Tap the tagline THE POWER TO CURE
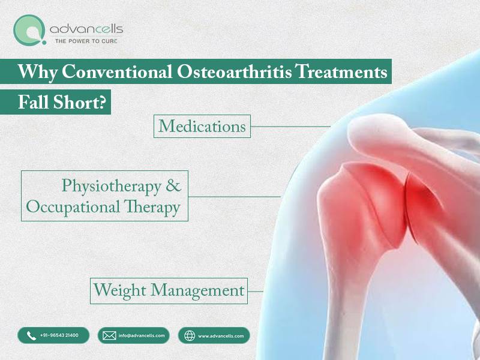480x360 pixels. [86, 41]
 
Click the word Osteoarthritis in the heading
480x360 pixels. [234, 71]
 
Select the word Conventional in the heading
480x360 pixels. [116, 71]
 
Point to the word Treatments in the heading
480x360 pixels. [342, 71]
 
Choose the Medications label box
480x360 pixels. [202, 126]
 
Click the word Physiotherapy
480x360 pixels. [112, 186]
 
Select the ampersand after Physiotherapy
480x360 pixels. [173, 185]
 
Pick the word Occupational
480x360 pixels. [73, 207]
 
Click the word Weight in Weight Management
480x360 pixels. [119, 290]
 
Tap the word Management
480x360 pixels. [197, 290]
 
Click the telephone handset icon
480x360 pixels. [32, 336]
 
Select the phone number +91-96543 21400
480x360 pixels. [59, 335]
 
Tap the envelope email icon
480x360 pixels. [109, 336]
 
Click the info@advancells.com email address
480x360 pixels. [142, 336]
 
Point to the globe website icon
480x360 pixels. [190, 336]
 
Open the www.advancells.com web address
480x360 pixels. [221, 336]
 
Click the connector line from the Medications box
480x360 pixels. [290, 127]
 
